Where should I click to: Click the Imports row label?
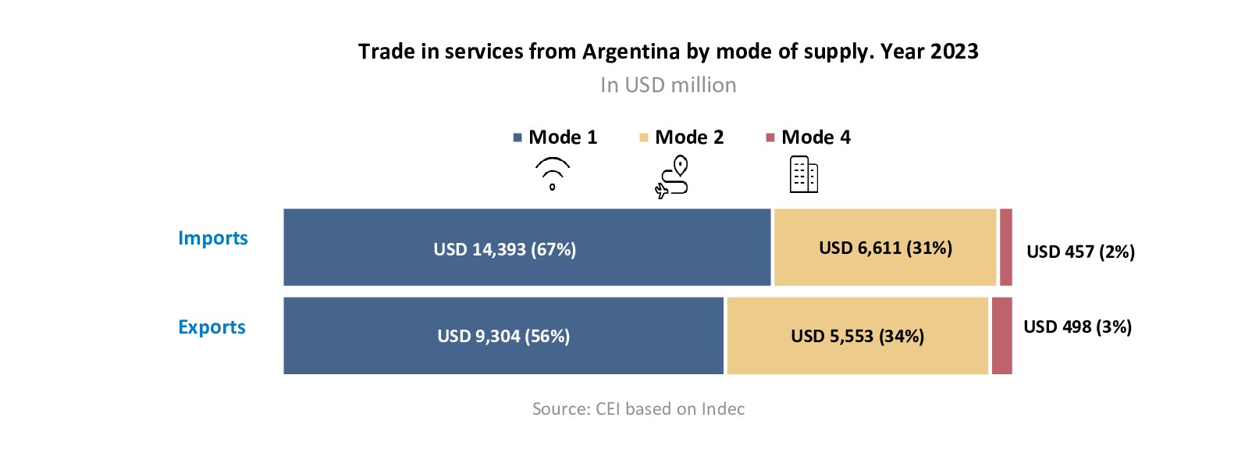pos(212,238)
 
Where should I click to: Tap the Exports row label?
pos(212,327)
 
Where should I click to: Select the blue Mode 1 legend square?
pos(518,138)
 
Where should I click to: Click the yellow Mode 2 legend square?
pos(644,138)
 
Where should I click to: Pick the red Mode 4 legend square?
pos(770,138)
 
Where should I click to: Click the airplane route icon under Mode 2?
pos(672,177)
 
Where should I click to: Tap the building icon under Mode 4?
pos(803,174)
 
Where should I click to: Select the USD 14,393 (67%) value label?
pos(504,250)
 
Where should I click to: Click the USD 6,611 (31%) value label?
pos(885,248)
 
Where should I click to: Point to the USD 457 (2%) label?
pos(1080,252)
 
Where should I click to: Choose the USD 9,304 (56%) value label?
pos(503,337)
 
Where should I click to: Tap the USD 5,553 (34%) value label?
pos(857,337)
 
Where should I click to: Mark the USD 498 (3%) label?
pos(1077,327)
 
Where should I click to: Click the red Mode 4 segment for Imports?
pos(1006,247)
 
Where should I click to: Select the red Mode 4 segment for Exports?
pos(1001,336)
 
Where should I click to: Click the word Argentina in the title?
pos(631,52)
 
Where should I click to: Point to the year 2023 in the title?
pos(954,52)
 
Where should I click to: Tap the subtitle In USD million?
pos(668,85)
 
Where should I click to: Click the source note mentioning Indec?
pos(638,409)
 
